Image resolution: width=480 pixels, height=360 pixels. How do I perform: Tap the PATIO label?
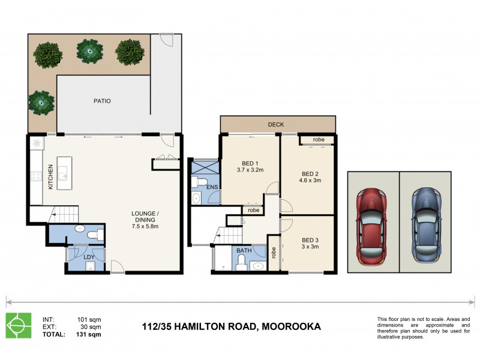(102, 101)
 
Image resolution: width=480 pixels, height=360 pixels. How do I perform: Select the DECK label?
(276, 125)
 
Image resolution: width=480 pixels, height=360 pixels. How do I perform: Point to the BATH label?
(244, 250)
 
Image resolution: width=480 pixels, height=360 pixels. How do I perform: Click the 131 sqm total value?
(89, 334)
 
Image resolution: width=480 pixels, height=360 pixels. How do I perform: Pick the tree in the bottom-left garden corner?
(41, 103)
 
